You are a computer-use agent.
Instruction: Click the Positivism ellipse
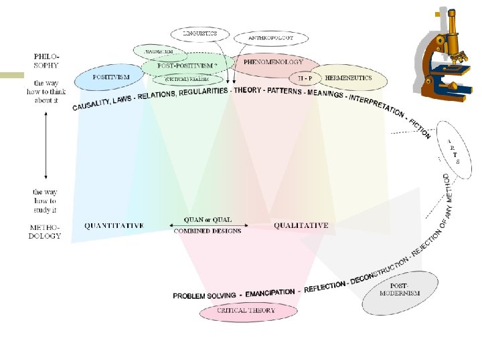coord(110,78)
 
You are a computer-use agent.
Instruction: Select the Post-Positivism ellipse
coord(187,66)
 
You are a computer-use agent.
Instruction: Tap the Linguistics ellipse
coord(200,33)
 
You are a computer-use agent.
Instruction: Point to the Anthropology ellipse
coord(271,38)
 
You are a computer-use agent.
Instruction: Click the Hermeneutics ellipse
coord(349,78)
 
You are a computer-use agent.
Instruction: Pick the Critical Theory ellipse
coord(247,311)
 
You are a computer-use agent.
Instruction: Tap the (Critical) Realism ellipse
coord(187,79)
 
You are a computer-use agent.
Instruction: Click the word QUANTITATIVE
coord(114,226)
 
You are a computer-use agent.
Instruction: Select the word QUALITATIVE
coord(301,226)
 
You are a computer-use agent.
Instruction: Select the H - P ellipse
coord(305,78)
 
